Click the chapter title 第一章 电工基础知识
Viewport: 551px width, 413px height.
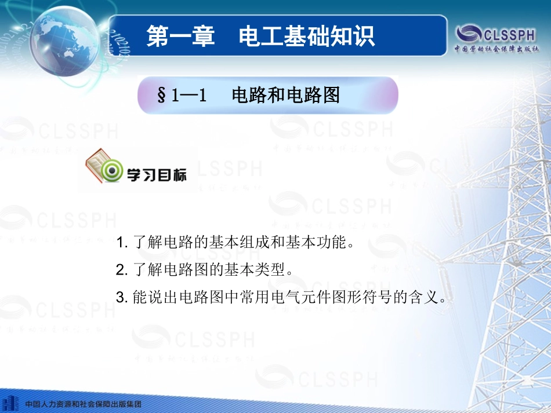[x=260, y=35]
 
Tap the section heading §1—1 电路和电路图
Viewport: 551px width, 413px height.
[x=248, y=95]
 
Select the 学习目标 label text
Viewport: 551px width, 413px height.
[x=157, y=174]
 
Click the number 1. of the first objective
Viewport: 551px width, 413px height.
[x=121, y=242]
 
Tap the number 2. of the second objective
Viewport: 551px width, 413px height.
[x=121, y=270]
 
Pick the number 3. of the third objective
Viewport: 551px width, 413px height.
[x=121, y=298]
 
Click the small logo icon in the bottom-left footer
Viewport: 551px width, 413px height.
[x=10, y=403]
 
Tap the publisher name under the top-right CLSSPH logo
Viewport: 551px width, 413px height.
[x=496, y=49]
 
